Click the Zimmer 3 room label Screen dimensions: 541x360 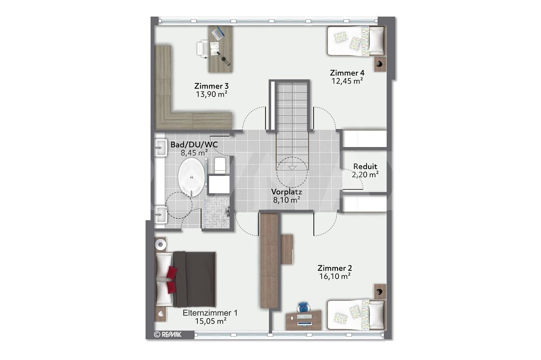[x=211, y=86]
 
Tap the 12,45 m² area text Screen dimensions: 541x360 [x=347, y=81]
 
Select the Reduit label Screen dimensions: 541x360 [x=365, y=167]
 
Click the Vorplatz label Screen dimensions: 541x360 [x=286, y=192]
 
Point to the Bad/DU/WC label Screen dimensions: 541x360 [x=194, y=144]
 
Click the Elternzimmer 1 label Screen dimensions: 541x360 [x=210, y=313]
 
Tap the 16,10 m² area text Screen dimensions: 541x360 [x=335, y=276]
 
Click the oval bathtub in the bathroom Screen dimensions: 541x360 [x=191, y=177]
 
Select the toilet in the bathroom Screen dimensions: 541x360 [x=219, y=166]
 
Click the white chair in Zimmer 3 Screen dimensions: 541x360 [x=203, y=48]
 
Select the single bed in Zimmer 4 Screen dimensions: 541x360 [x=356, y=41]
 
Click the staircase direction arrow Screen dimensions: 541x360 [x=292, y=167]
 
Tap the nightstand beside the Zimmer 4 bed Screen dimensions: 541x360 [x=379, y=64]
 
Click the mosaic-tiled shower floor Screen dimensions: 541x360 [x=216, y=212]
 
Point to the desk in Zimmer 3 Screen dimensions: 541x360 [x=220, y=49]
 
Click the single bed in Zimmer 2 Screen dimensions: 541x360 [x=356, y=315]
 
